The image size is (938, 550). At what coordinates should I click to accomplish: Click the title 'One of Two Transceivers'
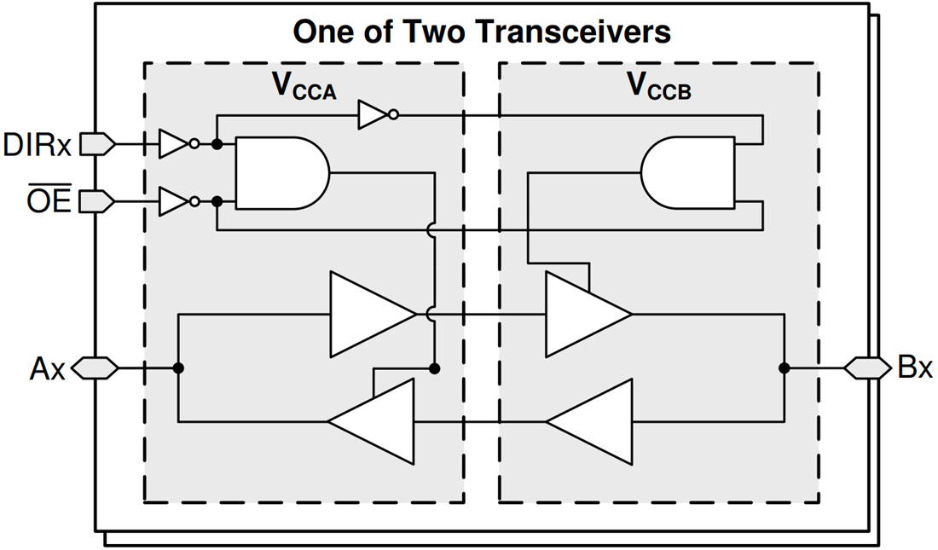482,32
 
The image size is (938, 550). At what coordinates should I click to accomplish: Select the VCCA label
304,87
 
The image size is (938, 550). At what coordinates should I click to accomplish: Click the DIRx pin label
38,144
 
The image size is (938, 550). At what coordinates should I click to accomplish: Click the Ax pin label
47,368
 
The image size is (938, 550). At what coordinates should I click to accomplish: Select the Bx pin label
915,368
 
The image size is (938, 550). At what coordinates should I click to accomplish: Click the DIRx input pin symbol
97,145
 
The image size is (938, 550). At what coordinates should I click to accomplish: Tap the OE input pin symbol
97,201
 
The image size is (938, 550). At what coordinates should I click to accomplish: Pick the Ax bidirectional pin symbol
96,368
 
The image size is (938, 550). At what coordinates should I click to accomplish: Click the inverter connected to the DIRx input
175,145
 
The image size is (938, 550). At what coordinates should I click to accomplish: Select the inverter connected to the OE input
175,201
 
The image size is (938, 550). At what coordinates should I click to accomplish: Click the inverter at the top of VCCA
374,114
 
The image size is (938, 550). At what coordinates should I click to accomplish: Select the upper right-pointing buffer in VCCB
583,315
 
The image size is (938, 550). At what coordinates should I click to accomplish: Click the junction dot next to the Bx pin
783,368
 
